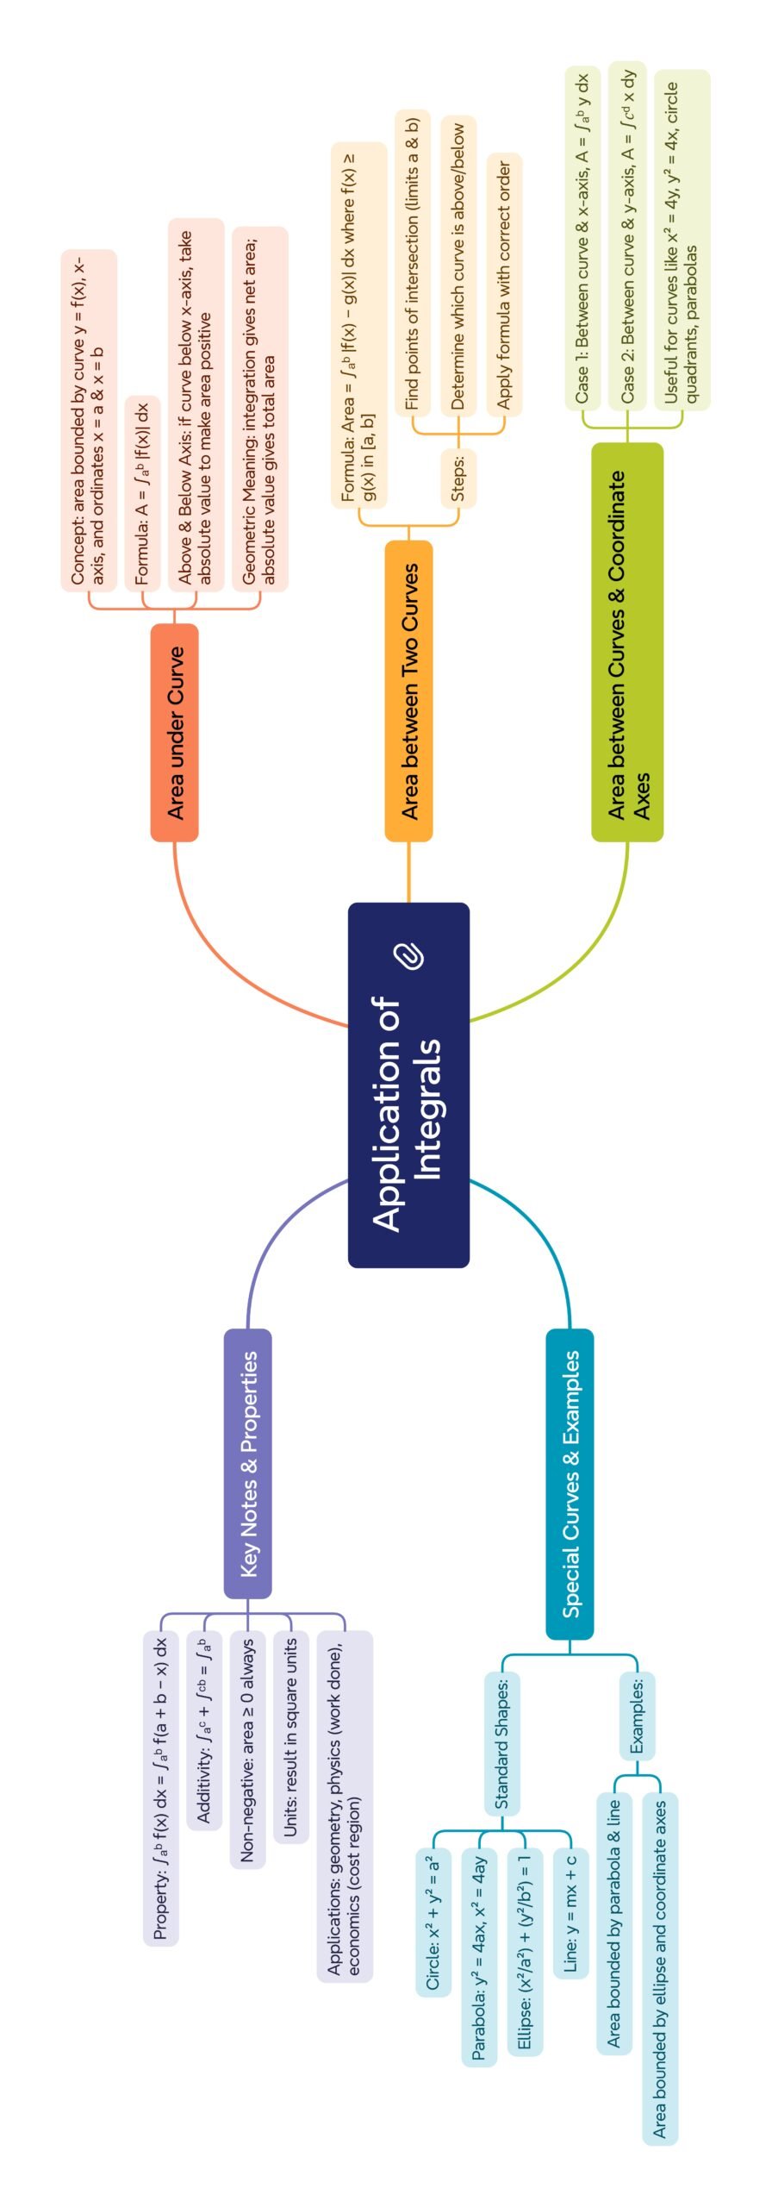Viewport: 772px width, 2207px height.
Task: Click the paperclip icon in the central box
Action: (409, 956)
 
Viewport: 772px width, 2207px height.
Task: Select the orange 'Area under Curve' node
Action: (175, 732)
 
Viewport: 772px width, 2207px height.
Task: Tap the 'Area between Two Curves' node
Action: (408, 690)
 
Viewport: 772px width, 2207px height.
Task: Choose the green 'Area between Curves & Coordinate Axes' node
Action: (627, 641)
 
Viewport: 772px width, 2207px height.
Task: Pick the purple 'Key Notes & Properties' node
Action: (248, 1463)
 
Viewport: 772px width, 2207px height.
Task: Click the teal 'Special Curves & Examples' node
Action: (570, 1483)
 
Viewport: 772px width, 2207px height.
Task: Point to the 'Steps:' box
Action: (458, 477)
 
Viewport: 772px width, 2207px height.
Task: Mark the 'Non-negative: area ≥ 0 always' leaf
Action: (248, 1750)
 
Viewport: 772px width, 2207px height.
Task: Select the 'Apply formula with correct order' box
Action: (504, 284)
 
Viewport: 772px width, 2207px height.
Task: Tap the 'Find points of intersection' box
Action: (413, 263)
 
